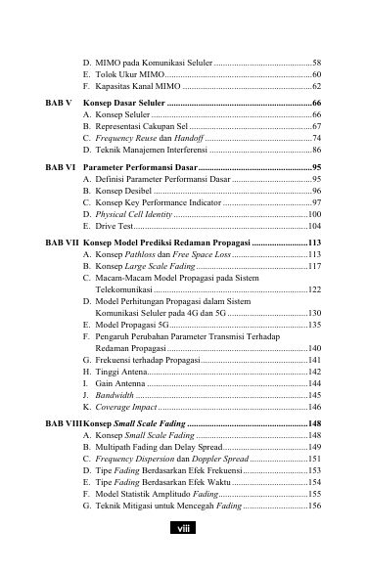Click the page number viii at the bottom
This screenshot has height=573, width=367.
pos(183,529)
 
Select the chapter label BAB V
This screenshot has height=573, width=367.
pos(59,102)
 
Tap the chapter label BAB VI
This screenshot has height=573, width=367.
pos(61,168)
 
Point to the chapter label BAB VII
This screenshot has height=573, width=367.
pos(63,240)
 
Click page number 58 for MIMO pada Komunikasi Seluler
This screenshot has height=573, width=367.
pos(316,62)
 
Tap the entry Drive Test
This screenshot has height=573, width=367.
pos(111,227)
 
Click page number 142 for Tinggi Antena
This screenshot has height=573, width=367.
pos(314,373)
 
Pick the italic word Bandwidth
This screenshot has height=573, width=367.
pos(115,395)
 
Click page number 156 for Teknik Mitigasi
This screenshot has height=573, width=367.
pos(314,506)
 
